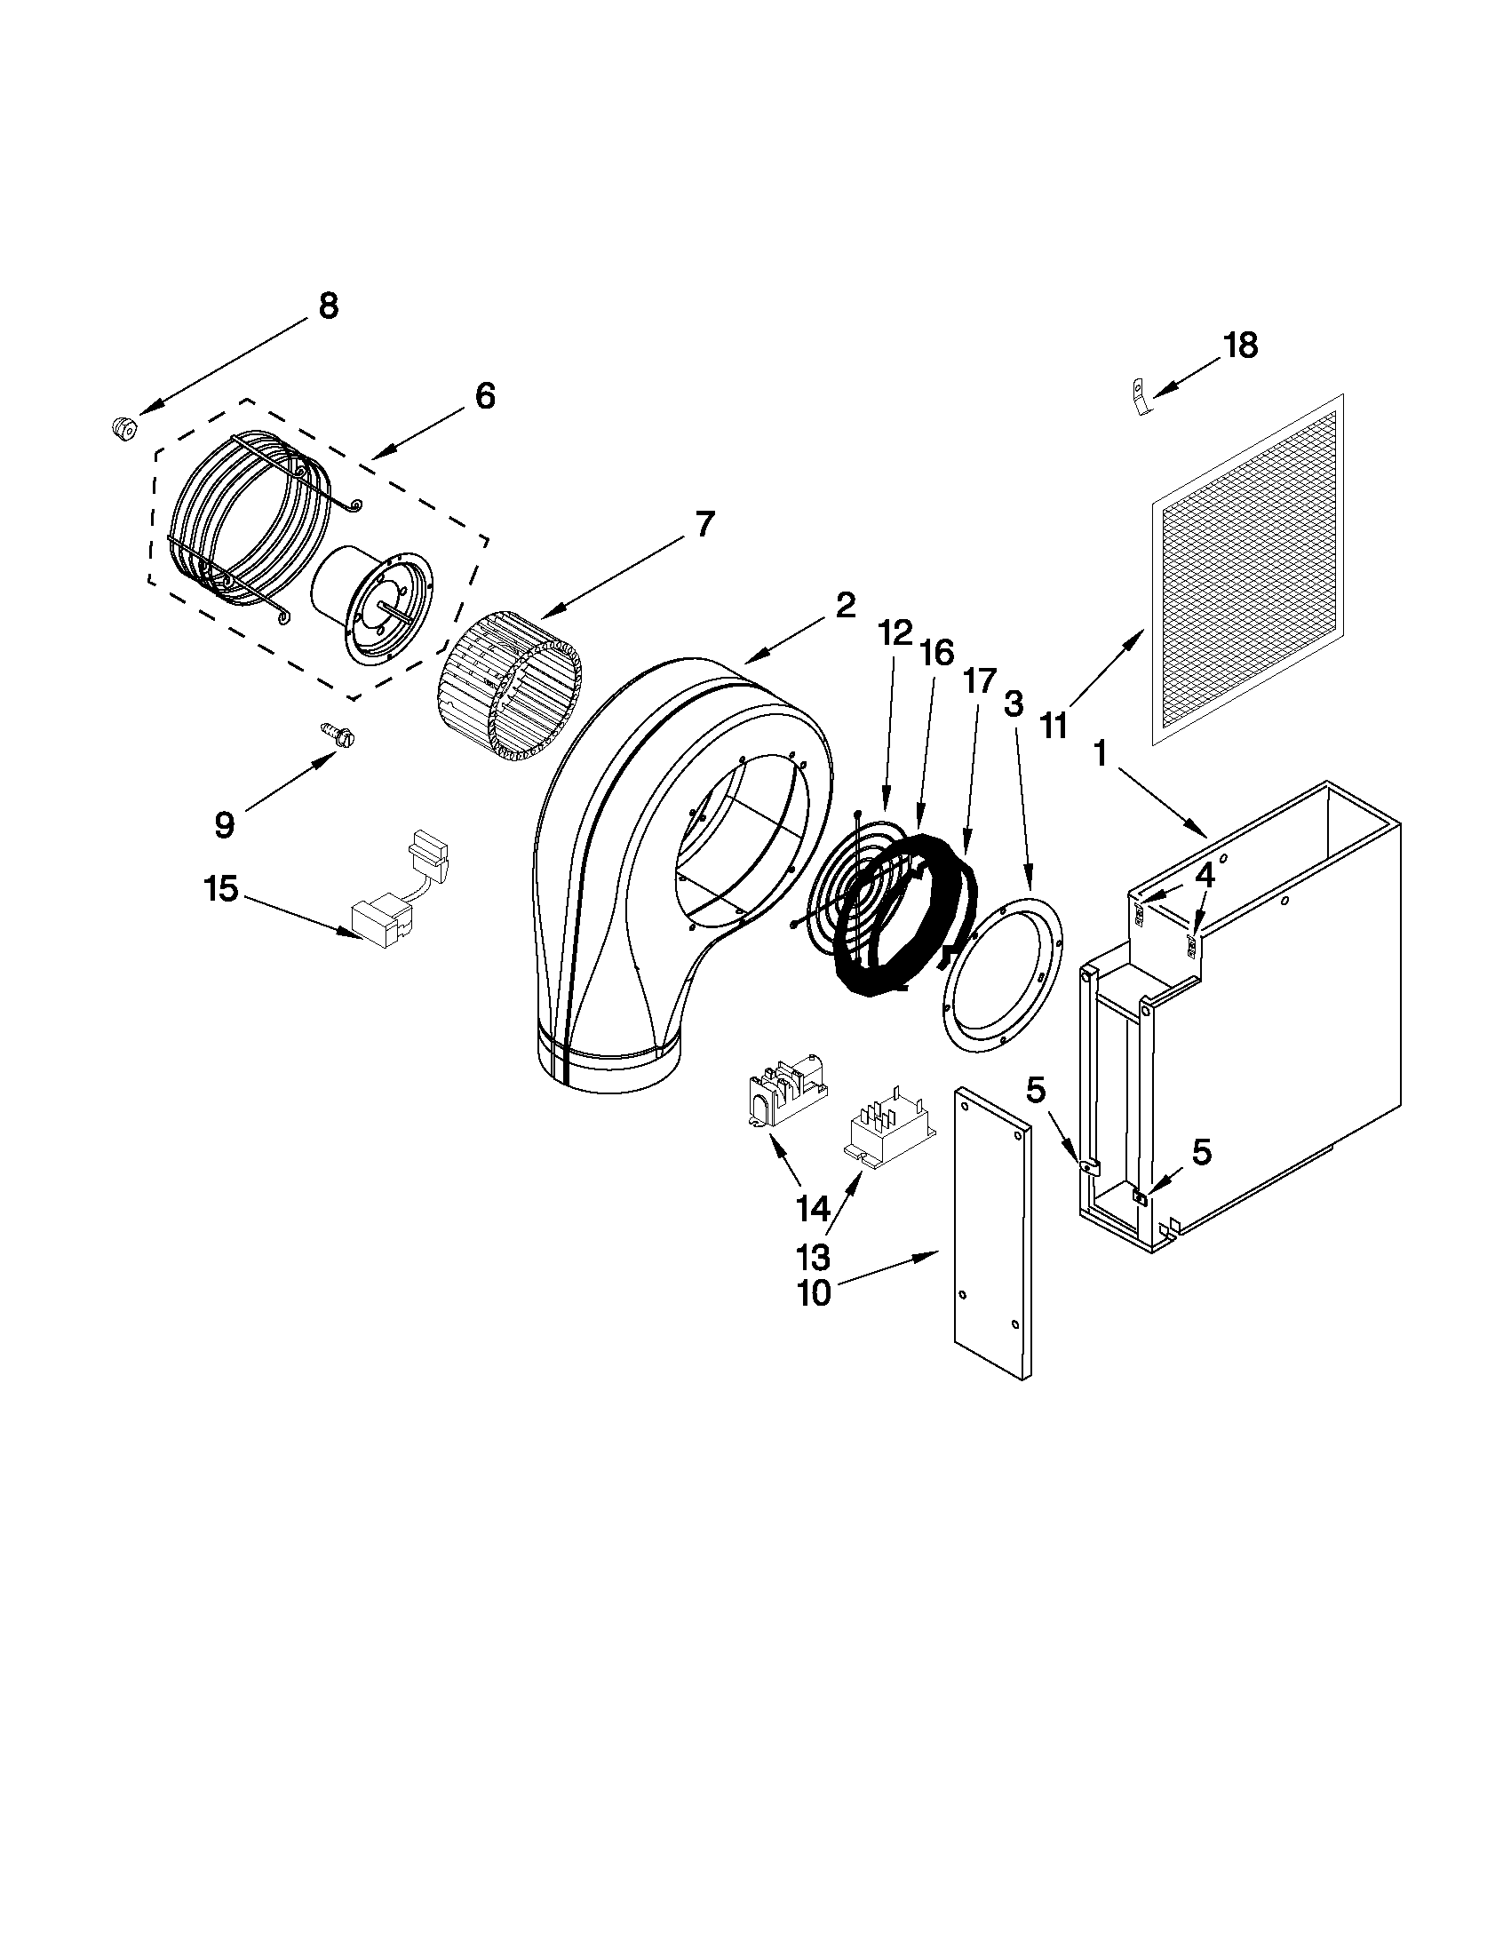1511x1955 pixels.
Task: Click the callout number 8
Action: [x=329, y=306]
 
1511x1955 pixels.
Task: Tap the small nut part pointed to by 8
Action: [x=123, y=429]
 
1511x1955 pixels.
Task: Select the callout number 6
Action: [x=484, y=395]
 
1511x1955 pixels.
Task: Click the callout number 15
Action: [x=220, y=889]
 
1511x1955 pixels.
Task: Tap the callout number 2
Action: [x=845, y=606]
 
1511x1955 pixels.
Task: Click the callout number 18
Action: [x=1240, y=345]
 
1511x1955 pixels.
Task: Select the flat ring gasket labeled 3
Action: [x=1002, y=971]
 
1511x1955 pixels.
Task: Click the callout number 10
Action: [x=815, y=1294]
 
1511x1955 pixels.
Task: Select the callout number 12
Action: [x=895, y=634]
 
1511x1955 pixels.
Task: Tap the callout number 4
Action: [x=1205, y=877]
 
